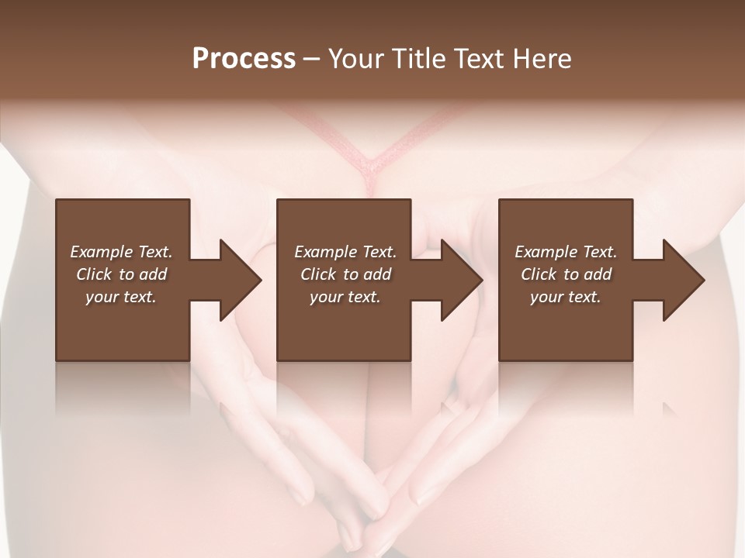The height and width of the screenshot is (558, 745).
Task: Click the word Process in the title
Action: [244, 59]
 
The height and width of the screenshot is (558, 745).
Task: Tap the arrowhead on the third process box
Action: [683, 280]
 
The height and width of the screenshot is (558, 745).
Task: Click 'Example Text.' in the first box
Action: [121, 252]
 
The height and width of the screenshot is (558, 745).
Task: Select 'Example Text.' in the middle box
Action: [345, 252]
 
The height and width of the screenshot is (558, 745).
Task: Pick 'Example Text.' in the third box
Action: [566, 252]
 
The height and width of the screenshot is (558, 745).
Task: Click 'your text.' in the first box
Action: [121, 297]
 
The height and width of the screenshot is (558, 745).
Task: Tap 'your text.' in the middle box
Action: [345, 297]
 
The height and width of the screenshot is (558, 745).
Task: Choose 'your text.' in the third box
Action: [566, 297]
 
